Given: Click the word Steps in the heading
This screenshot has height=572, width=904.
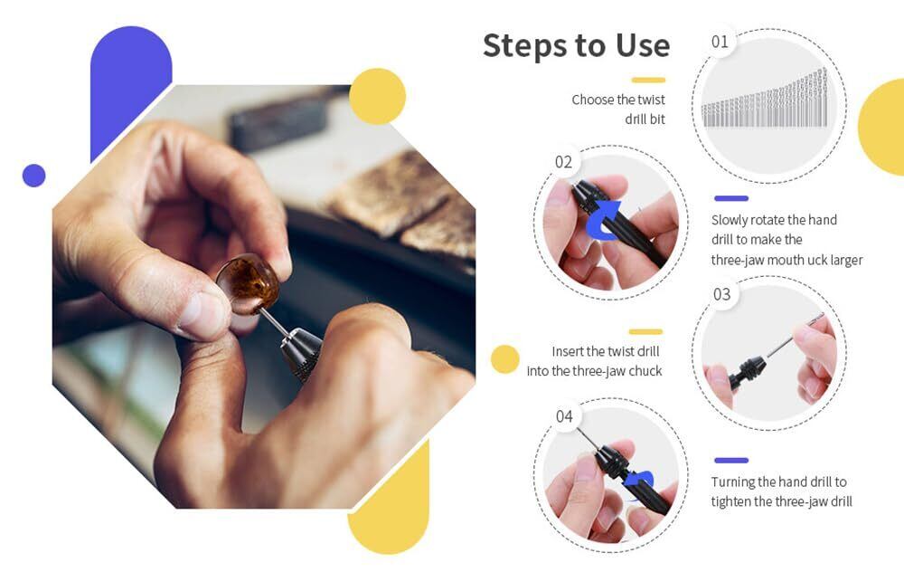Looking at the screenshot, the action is pyautogui.click(x=524, y=45).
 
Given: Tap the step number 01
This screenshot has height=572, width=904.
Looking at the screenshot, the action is pyautogui.click(x=720, y=42).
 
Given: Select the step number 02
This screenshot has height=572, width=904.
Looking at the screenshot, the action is pyautogui.click(x=563, y=162).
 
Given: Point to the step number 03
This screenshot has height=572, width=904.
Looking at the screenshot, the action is pyautogui.click(x=721, y=294).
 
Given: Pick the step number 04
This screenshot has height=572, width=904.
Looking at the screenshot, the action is pyautogui.click(x=564, y=416).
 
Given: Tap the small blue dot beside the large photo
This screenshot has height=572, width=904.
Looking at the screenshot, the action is pyautogui.click(x=34, y=176).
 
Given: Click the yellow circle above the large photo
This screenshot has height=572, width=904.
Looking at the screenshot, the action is pyautogui.click(x=377, y=97).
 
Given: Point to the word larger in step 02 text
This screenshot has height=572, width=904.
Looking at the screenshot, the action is pyautogui.click(x=847, y=260).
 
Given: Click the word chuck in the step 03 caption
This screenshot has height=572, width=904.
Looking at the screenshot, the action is pyautogui.click(x=645, y=371).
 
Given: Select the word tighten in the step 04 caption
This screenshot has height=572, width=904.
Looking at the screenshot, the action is pyautogui.click(x=731, y=501).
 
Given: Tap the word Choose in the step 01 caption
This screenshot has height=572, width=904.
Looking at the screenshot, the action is pyautogui.click(x=592, y=100).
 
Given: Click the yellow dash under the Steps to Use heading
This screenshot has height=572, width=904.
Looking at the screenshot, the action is pyautogui.click(x=648, y=81).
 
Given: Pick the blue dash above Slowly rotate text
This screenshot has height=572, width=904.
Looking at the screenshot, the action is pyautogui.click(x=731, y=198).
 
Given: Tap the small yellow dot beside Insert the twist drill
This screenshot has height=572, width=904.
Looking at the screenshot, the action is pyautogui.click(x=505, y=359).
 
